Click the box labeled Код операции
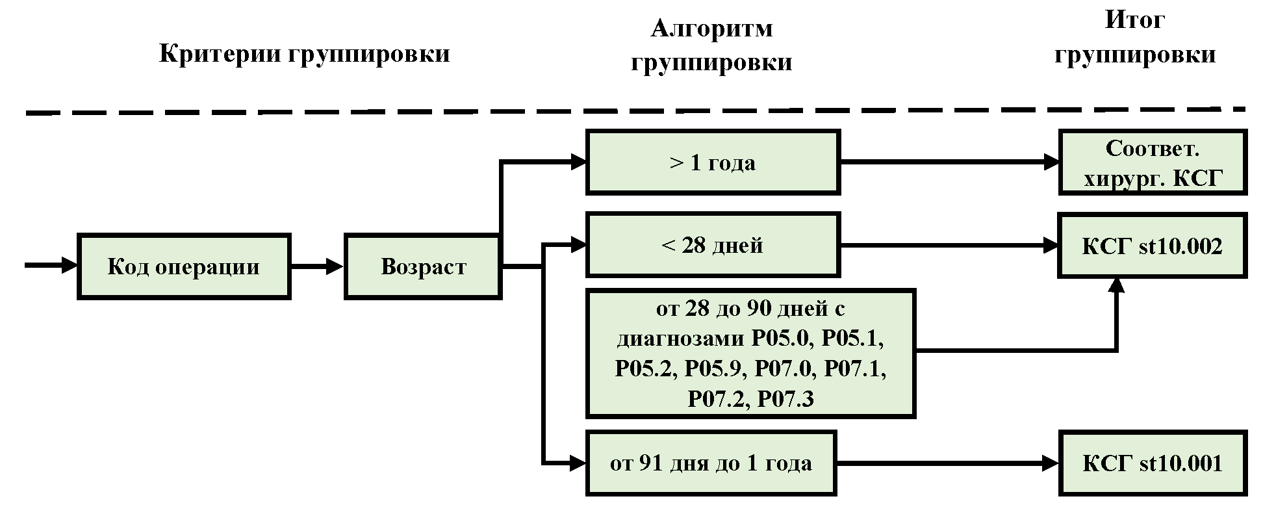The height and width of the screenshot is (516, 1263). (184, 266)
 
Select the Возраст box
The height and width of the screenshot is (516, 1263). (423, 266)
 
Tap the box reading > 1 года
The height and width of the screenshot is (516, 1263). (713, 162)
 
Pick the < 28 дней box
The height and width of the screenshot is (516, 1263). (713, 245)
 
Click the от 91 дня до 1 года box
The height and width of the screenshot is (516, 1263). (711, 463)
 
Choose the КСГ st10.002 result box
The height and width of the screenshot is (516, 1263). (1152, 246)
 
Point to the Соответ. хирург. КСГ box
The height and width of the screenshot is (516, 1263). (1152, 162)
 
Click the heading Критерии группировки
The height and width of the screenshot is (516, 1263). (305, 53)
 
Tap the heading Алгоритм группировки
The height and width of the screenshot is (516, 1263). (711, 45)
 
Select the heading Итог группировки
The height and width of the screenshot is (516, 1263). (1134, 37)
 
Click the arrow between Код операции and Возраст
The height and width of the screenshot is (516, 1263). (317, 266)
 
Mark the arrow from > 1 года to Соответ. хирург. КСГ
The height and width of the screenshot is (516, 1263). (949, 162)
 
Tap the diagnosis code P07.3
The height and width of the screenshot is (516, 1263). (785, 398)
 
